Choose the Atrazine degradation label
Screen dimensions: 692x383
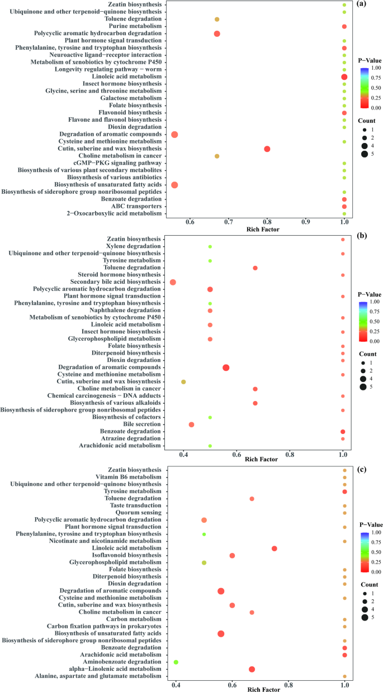tap(132, 439)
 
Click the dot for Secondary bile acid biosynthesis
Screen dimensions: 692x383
tap(173, 282)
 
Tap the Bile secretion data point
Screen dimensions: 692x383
tap(191, 424)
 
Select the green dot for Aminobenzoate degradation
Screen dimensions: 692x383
tap(176, 662)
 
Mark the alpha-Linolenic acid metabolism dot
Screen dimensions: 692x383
tap(252, 669)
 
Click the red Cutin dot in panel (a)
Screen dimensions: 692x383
tap(267, 149)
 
